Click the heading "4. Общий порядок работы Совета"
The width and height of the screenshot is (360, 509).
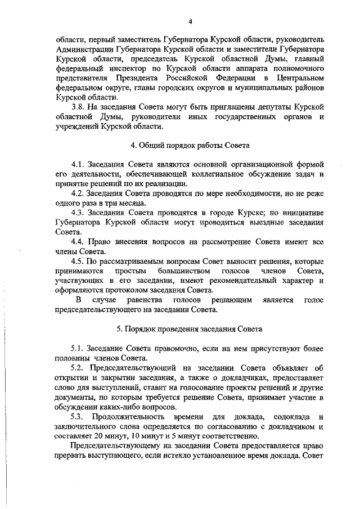[x=190, y=145]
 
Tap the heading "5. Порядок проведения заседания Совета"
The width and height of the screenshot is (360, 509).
[x=190, y=328]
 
